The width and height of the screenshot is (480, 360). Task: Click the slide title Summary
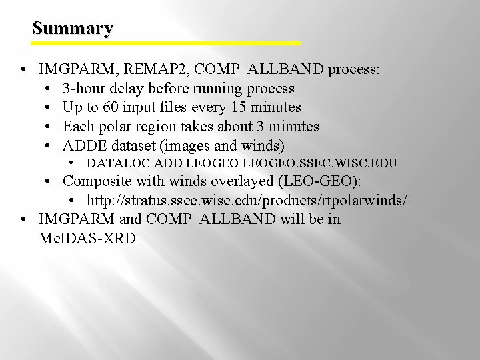73,29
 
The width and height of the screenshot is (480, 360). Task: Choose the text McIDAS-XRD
87,238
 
